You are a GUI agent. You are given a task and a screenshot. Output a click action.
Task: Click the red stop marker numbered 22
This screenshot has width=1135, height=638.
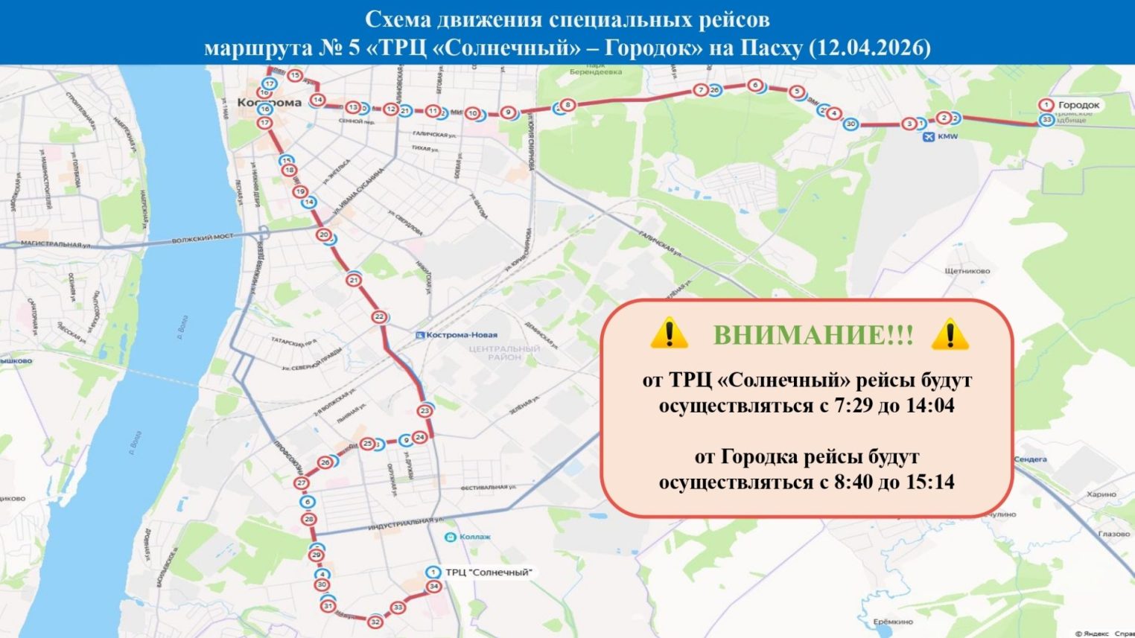(x=379, y=317)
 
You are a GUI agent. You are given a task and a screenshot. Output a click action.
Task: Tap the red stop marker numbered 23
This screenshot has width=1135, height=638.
(x=425, y=411)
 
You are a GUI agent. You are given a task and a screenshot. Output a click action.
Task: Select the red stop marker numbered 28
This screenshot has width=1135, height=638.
(x=309, y=520)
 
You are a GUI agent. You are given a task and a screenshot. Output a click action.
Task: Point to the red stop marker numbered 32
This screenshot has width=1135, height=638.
(x=375, y=622)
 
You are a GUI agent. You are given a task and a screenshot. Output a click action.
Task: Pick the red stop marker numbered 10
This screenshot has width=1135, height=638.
(x=472, y=114)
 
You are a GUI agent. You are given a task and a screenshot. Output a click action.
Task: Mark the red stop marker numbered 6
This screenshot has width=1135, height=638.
(x=755, y=86)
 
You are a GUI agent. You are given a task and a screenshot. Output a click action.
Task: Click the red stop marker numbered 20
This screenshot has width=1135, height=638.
(x=323, y=235)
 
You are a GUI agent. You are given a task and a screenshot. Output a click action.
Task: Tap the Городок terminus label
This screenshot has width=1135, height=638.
(x=1078, y=105)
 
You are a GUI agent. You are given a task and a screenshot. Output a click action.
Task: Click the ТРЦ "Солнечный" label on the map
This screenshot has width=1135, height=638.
(x=489, y=572)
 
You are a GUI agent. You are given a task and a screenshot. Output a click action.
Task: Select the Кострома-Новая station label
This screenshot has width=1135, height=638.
(x=462, y=335)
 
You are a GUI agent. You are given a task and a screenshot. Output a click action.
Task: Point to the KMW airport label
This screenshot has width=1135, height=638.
(x=947, y=137)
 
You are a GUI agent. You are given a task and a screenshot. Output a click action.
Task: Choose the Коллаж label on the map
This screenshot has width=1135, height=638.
(x=475, y=537)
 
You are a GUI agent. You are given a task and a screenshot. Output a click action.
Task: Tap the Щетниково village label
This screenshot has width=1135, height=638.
(x=967, y=271)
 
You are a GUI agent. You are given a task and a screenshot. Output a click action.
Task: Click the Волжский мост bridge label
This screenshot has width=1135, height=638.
(x=203, y=238)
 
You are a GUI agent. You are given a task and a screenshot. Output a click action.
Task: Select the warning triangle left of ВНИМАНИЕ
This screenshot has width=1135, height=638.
(x=668, y=334)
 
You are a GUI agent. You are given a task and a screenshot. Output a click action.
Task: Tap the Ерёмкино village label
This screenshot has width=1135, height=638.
(x=893, y=621)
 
